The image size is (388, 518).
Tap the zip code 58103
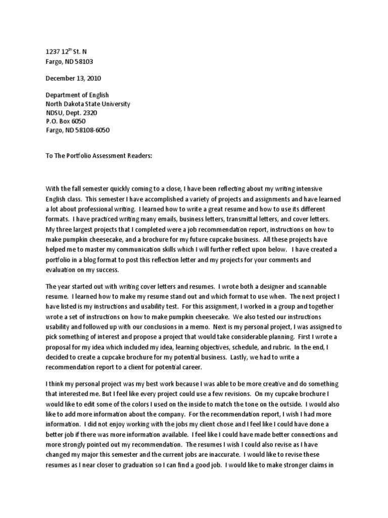[x=83, y=62]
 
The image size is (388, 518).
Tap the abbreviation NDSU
[x=55, y=113]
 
